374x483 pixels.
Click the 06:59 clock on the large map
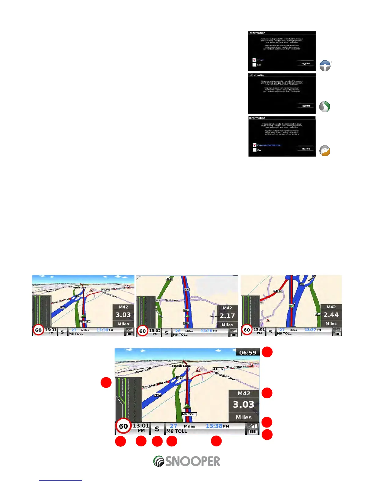248,352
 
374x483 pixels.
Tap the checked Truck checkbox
254,60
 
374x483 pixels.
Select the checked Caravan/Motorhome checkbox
254,145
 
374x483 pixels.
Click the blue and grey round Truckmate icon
325,66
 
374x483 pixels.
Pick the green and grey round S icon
324,107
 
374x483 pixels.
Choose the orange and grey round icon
325,151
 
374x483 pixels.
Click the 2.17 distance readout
227,316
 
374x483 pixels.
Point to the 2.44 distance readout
331,315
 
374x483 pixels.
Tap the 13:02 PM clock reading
155,332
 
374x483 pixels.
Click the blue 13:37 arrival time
310,330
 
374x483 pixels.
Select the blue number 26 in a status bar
178,331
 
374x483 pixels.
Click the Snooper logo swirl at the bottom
159,461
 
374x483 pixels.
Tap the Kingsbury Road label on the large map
155,385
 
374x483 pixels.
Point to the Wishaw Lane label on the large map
225,376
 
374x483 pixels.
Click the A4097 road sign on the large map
218,369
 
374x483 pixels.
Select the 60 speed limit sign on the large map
123,426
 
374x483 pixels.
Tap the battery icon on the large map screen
253,431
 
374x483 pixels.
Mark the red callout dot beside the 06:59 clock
267,352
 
